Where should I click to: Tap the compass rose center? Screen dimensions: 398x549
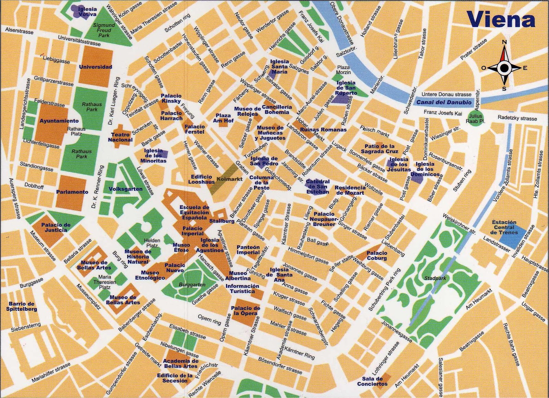(504, 68)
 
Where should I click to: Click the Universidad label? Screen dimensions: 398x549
(96, 67)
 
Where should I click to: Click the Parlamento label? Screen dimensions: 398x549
(72, 192)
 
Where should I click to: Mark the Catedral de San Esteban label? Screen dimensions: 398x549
(317, 186)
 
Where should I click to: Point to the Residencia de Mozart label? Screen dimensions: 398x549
(350, 190)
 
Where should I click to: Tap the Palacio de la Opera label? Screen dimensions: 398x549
(245, 311)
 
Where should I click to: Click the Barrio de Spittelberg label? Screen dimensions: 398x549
(21, 306)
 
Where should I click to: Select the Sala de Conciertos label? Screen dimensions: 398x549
(372, 381)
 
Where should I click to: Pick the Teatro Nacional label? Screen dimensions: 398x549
(120, 137)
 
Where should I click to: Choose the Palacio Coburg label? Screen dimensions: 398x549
(377, 255)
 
